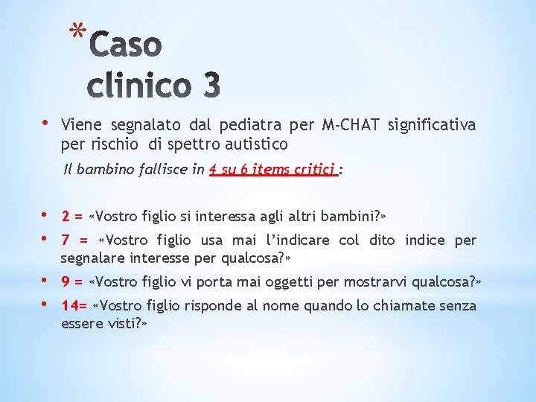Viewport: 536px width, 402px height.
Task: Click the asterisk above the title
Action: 76,31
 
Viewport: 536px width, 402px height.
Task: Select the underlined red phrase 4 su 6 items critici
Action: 273,170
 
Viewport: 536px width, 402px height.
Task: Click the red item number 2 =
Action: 71,217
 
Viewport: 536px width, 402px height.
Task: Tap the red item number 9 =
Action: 71,282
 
